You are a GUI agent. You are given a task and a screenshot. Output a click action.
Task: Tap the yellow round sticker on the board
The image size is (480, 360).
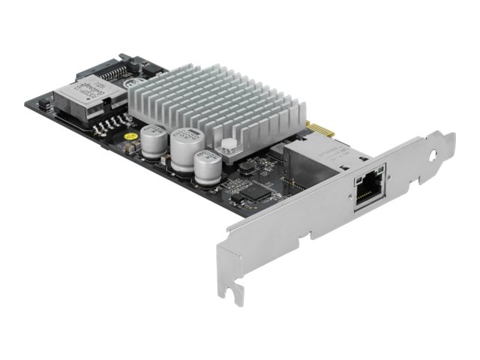pyautogui.click(x=129, y=137)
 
